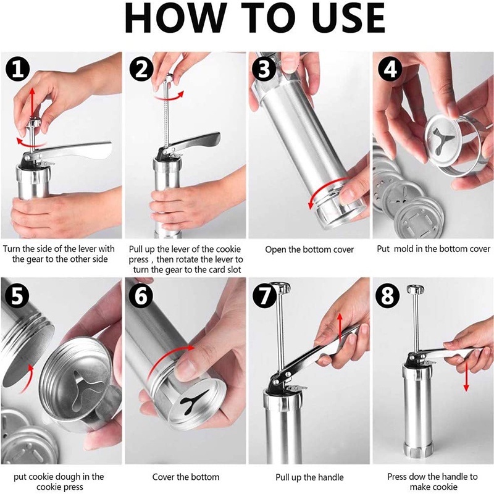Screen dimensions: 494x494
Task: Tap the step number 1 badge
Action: click(18, 70)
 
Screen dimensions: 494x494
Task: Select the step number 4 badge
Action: click(390, 69)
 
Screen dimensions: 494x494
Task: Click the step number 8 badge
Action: click(388, 296)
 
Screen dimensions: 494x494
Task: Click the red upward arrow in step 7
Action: click(340, 328)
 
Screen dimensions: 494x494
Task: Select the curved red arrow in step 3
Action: click(325, 191)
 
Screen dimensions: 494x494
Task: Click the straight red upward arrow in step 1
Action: click(31, 103)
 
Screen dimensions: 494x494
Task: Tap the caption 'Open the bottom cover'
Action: click(309, 249)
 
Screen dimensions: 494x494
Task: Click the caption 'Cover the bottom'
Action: click(186, 477)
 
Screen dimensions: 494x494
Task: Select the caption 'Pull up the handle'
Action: click(309, 477)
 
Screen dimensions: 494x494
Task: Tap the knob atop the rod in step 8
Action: click(415, 289)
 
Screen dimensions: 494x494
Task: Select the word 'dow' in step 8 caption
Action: click(421, 477)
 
